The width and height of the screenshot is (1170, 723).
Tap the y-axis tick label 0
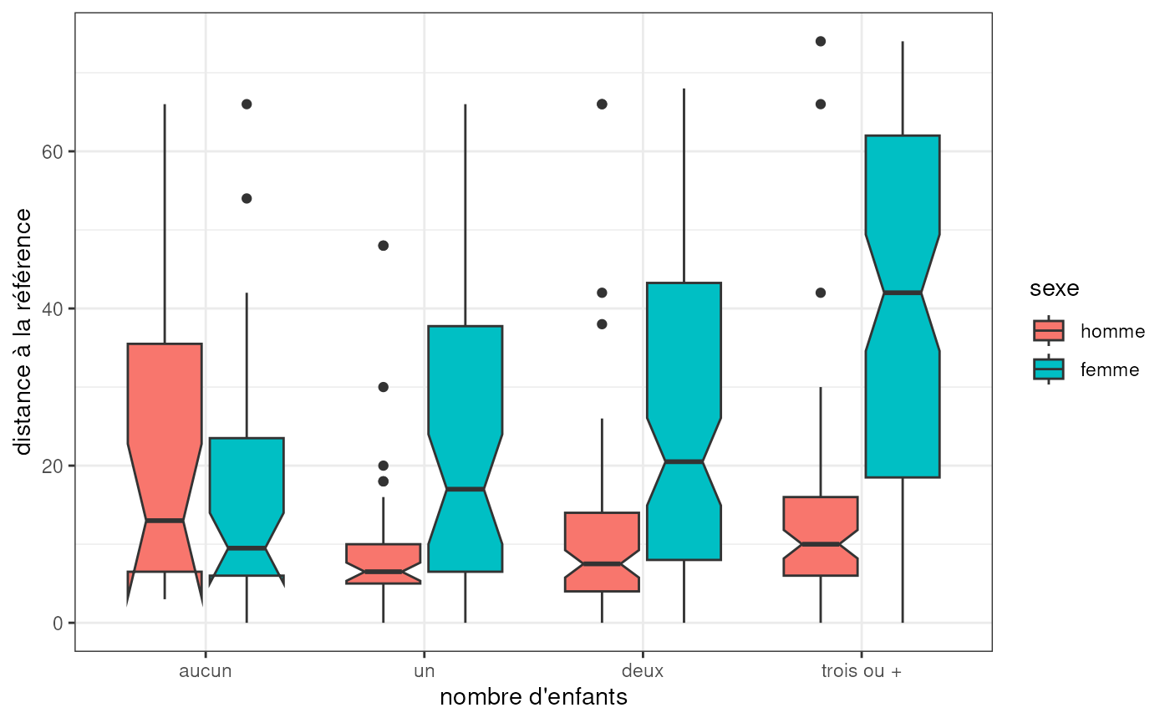tap(59, 623)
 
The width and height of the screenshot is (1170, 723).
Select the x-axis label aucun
tap(206, 670)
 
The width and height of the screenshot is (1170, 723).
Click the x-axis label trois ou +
tap(861, 670)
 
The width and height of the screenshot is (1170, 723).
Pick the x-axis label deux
tap(643, 670)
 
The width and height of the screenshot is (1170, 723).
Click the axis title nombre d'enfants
tap(533, 697)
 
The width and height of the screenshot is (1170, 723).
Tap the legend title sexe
tap(1054, 289)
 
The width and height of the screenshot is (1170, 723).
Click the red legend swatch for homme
tap(1049, 331)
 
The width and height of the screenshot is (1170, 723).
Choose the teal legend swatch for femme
tap(1049, 369)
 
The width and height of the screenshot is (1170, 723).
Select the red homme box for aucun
tap(165, 401)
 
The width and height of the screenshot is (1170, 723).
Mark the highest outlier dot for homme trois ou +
tap(821, 41)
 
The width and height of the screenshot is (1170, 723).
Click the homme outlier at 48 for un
tap(384, 246)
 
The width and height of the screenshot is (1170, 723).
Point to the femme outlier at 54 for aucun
tap(247, 198)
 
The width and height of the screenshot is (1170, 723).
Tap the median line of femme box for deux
tap(684, 461)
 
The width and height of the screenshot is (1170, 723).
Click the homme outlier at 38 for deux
tap(603, 323)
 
